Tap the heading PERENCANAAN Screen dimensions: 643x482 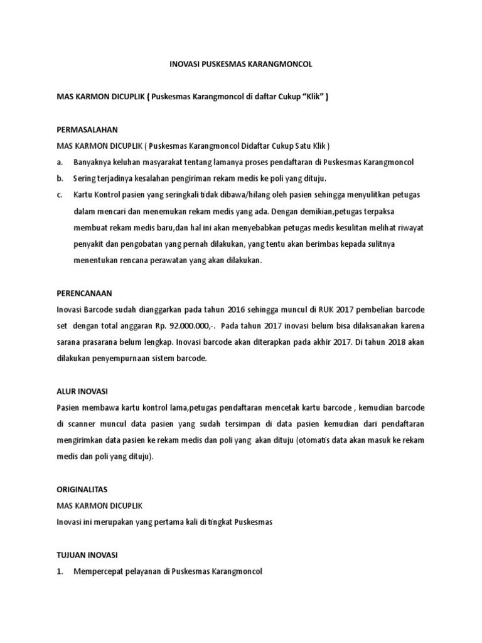coord(84,293)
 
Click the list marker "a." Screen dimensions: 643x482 coord(60,162)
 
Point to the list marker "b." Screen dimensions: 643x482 coord(60,178)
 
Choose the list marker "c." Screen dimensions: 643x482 coord(60,195)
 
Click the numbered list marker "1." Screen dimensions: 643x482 coord(60,571)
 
